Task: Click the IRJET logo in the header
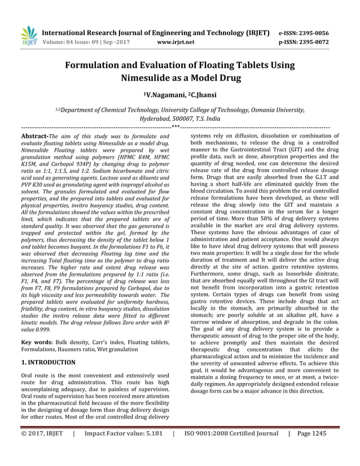pyautogui.click(x=29, y=36)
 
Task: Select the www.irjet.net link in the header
pyautogui.click(x=176, y=42)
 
